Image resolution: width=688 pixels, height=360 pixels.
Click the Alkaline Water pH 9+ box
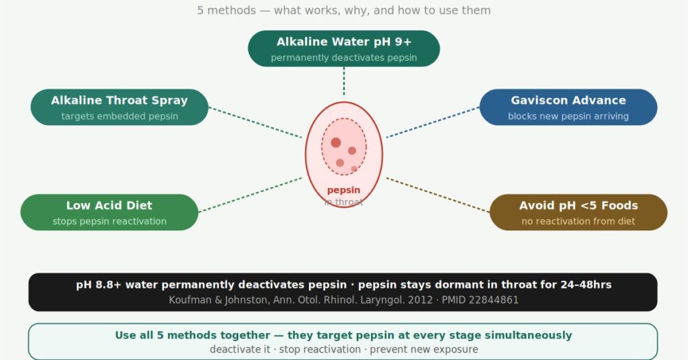coord(343,48)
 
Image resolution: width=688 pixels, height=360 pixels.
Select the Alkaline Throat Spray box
coord(120,107)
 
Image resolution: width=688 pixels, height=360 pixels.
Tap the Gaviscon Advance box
coord(568,107)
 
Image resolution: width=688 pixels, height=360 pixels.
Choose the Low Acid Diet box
coord(110,212)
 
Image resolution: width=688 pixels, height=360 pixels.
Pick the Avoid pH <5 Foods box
coord(578,212)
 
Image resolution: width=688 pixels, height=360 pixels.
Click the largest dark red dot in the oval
coord(336,142)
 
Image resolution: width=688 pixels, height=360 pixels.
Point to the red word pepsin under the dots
coord(343,190)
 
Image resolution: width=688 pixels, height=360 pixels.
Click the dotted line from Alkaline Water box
coord(343,81)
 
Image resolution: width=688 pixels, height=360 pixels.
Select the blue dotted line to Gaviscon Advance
coord(433,122)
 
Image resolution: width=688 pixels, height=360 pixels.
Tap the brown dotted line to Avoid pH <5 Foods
coord(438,195)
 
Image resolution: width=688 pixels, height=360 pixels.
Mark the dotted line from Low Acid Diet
coord(250,195)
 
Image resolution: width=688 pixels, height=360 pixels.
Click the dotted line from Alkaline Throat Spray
coord(255,122)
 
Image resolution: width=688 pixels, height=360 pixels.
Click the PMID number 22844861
coord(499,300)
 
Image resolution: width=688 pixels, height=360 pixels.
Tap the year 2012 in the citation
coord(421,300)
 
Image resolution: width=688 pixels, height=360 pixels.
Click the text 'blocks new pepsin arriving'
coord(568,116)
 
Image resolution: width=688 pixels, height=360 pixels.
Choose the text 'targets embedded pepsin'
coord(120,116)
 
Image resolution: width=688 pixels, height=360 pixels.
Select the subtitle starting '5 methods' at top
coord(343,10)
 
